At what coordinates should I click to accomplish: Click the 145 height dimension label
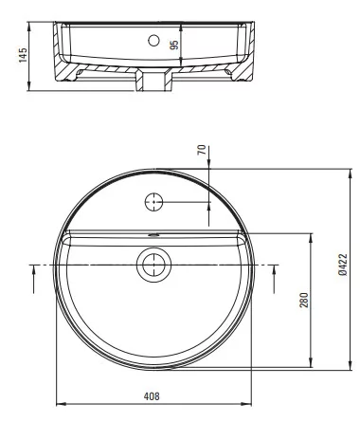coord(23,55)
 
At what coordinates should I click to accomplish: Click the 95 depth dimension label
coord(174,45)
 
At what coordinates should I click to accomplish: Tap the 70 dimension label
coord(202,150)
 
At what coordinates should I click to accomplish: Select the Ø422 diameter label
coord(343,265)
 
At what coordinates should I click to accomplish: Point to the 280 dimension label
coord(304,300)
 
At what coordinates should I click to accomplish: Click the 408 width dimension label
coord(152,396)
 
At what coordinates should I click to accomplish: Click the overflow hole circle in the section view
coord(153,40)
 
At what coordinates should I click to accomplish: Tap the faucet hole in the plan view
coord(153,202)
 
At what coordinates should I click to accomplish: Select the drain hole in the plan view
coord(153,265)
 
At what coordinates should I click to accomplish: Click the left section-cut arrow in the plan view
coord(33,279)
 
